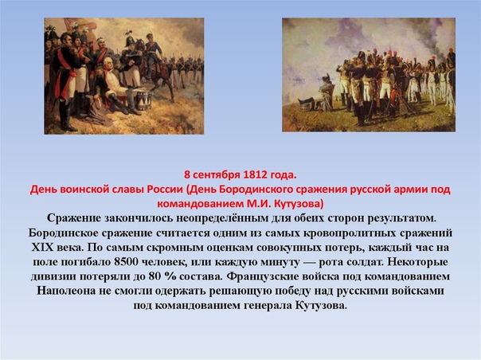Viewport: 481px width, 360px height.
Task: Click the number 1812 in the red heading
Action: tap(255, 174)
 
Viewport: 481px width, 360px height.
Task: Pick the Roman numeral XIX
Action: tap(42, 248)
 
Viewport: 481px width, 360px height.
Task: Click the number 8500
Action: tap(126, 262)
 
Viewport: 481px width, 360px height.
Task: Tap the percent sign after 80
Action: tap(171, 276)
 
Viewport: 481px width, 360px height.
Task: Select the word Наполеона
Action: tap(66, 291)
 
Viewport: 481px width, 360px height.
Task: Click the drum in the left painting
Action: tap(144, 100)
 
